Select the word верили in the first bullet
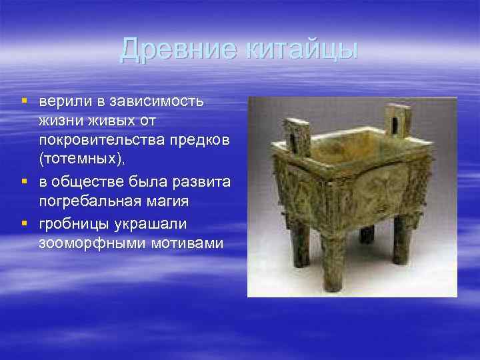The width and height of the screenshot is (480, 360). pos(63,102)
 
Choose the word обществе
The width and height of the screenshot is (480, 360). pos(87,182)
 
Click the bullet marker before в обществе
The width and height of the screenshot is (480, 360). pos(23,182)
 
